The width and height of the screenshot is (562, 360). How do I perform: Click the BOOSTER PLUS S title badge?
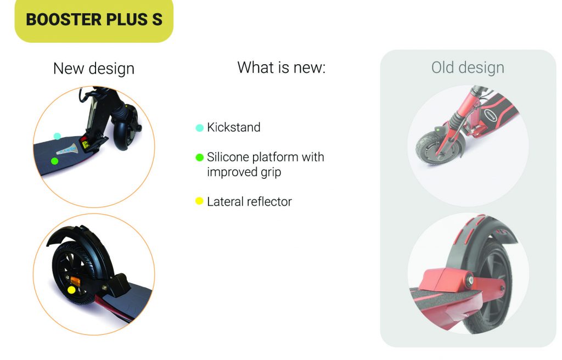pos(94,20)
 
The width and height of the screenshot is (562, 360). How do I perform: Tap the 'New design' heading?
pos(94,68)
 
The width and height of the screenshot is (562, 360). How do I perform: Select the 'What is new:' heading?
pos(282,67)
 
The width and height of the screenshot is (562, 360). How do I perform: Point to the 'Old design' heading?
pos(468,67)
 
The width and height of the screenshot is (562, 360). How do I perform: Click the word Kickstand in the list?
pos(234,127)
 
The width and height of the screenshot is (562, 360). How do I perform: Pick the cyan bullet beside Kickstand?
pos(200,128)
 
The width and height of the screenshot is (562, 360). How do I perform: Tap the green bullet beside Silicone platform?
pos(200,157)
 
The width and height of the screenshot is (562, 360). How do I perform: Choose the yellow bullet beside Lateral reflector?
pos(199,201)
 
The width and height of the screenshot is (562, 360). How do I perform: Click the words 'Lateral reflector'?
pos(250,201)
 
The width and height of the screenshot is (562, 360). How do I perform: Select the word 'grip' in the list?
pos(271,172)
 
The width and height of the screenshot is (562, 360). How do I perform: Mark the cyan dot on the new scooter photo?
pos(57,136)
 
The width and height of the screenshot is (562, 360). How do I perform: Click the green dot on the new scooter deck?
pos(54,161)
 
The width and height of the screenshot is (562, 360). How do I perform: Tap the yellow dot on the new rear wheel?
pos(72,290)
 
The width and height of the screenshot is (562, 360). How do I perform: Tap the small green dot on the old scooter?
pos(437,130)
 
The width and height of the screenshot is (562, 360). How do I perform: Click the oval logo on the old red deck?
pos(490,115)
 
